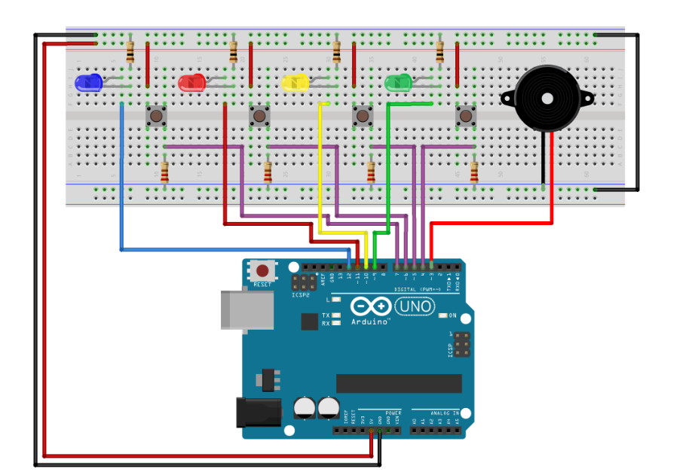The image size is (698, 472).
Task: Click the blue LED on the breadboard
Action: (x=90, y=82)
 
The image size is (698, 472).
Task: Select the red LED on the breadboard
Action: (x=191, y=83)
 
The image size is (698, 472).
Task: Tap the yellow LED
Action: (x=295, y=83)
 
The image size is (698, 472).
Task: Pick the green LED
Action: (x=397, y=82)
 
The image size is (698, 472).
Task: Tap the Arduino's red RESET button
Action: (x=262, y=270)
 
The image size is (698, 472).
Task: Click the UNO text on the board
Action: (x=415, y=306)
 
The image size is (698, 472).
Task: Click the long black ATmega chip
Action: (x=399, y=383)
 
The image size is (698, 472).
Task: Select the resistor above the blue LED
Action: (x=131, y=52)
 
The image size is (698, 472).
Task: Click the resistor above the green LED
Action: (x=439, y=52)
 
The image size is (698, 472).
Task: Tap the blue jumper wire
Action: (x=121, y=188)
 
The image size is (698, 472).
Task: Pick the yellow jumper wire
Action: (x=320, y=173)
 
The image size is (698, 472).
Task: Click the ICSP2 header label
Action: (x=301, y=295)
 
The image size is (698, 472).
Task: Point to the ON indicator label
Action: (x=452, y=315)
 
